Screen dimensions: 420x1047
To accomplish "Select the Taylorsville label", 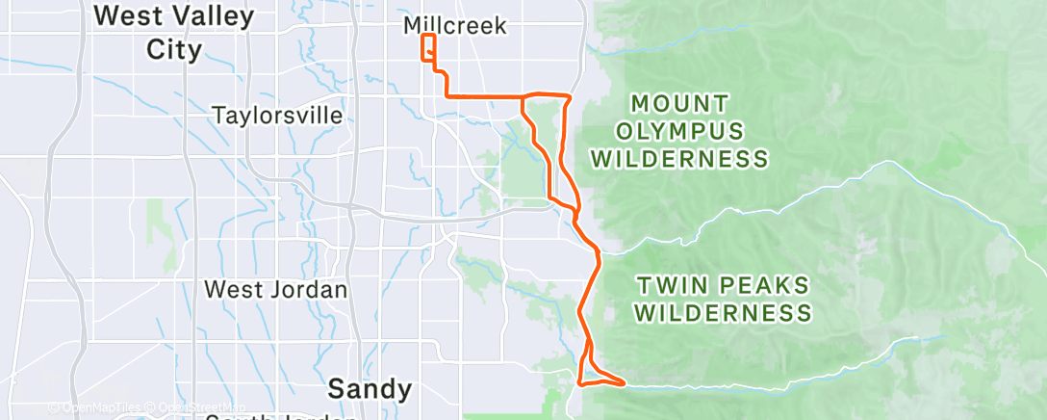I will (277, 117).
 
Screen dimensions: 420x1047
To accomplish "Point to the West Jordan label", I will (277, 289).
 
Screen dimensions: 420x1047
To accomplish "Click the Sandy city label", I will (370, 389).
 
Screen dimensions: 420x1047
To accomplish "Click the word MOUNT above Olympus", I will (680, 102).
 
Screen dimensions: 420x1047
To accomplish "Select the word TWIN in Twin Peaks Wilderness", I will (671, 285).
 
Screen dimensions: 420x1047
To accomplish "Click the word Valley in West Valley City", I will (217, 16).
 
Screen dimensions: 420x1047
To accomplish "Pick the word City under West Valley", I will (174, 50).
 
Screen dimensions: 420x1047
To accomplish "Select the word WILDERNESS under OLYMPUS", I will (680, 159).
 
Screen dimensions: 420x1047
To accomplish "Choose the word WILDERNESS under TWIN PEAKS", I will (724, 313).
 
